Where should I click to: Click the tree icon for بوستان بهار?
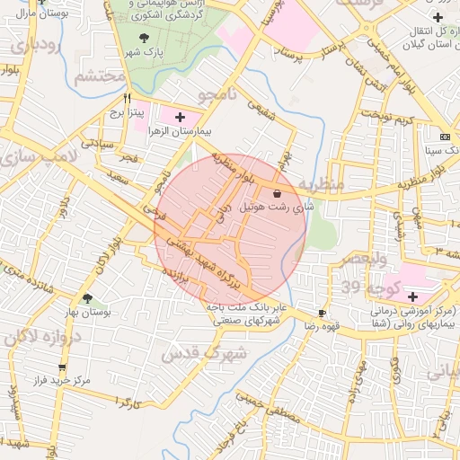(87, 298)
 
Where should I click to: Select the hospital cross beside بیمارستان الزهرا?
(180, 117)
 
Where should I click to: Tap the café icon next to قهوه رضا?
(322, 313)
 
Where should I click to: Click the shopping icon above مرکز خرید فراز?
(62, 367)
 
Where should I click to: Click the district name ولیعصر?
(365, 258)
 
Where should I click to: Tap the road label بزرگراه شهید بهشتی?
(208, 261)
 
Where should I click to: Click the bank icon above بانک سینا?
(444, 136)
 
